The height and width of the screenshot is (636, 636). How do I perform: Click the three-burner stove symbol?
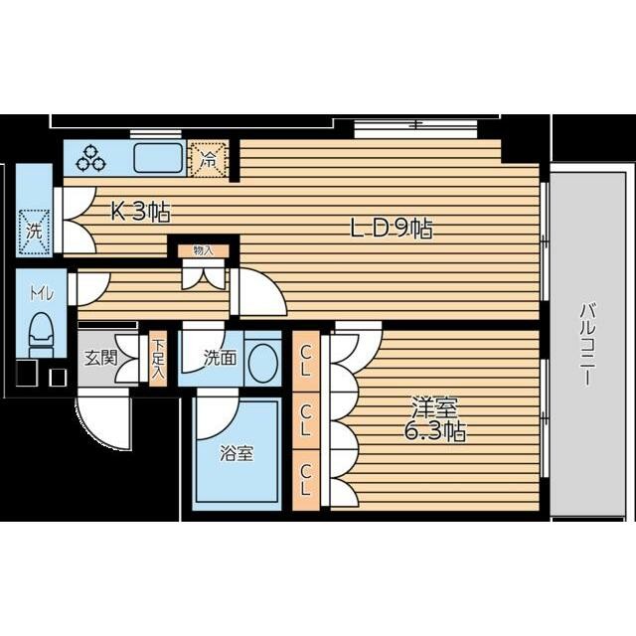[x=91, y=159]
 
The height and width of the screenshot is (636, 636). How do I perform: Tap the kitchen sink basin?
[x=159, y=158]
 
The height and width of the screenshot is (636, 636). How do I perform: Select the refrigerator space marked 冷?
[x=208, y=159]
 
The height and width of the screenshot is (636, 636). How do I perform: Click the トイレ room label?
[x=41, y=293]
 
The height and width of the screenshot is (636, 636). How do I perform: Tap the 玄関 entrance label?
[x=100, y=358]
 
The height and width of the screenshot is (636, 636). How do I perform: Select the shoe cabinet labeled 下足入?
[x=158, y=359]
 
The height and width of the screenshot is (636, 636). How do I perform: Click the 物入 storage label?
[x=203, y=250]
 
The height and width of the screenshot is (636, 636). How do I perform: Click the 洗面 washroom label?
[x=220, y=358]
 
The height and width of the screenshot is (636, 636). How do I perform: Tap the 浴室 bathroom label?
[x=237, y=453]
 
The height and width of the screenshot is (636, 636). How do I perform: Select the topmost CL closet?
[x=306, y=362]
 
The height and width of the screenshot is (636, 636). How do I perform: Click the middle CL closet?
[x=306, y=420]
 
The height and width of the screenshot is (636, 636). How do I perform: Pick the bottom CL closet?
[x=306, y=480]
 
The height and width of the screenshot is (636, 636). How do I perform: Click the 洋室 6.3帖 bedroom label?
[x=435, y=418]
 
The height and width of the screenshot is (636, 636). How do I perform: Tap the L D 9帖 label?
[x=392, y=229]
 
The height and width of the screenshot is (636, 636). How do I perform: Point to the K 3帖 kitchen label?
[x=141, y=212]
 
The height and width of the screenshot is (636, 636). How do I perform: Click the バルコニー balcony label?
[x=587, y=344]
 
